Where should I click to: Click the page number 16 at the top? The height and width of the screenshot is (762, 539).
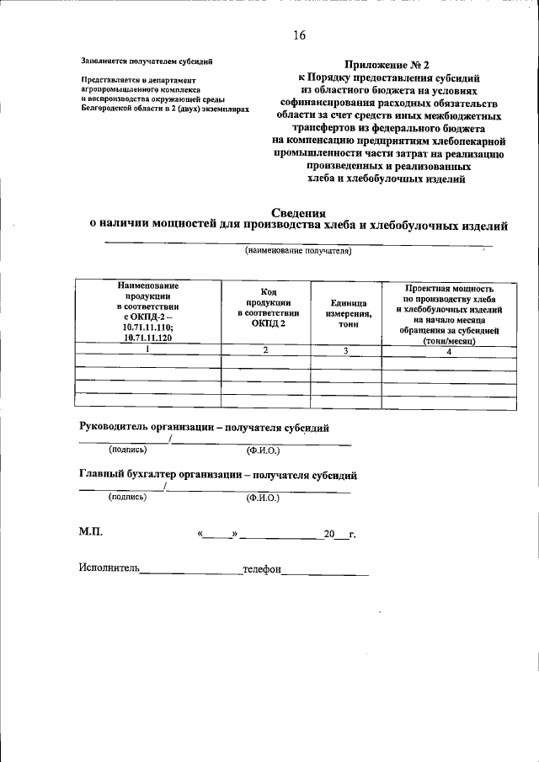tap(299, 35)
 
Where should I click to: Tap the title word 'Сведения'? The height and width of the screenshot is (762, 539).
tap(299, 212)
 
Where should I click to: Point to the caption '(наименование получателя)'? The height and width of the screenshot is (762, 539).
tap(298, 251)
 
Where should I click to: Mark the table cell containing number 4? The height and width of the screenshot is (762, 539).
tap(449, 351)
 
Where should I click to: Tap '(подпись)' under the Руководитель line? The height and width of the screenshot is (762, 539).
tap(128, 450)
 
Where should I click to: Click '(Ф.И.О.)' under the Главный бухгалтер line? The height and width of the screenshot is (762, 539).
tap(263, 498)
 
